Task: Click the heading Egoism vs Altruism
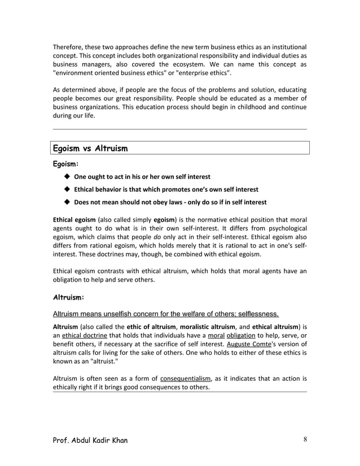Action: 90,149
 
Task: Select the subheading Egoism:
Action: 65,164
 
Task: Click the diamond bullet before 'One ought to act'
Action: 67,177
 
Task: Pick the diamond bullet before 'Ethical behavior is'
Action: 67,190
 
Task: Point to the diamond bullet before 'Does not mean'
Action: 67,202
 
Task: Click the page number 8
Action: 305,441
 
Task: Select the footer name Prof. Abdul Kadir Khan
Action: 90,441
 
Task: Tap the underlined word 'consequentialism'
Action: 186,379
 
